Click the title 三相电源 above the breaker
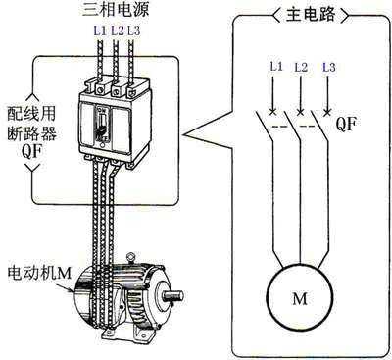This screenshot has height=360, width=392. (x=116, y=9)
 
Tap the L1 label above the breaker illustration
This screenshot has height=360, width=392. (x=100, y=31)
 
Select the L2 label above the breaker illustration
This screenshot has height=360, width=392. (x=118, y=31)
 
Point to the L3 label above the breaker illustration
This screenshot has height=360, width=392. (x=133, y=31)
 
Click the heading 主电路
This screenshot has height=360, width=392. (x=311, y=15)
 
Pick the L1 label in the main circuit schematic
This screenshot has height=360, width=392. (x=276, y=67)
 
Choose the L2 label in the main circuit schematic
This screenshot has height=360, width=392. (x=301, y=68)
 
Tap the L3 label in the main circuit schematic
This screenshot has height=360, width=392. (x=329, y=68)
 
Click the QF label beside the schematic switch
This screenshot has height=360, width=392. (x=346, y=124)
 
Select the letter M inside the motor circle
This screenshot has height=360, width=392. (x=300, y=298)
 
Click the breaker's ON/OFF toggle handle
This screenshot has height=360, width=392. (x=103, y=126)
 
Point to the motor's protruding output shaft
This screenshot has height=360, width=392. (x=173, y=296)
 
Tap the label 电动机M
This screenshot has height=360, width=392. (x=39, y=274)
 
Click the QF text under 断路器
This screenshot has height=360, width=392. (x=31, y=151)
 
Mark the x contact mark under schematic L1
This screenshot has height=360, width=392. (x=272, y=113)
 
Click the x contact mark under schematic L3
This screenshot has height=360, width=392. (x=327, y=113)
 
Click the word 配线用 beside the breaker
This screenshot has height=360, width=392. (x=31, y=114)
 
